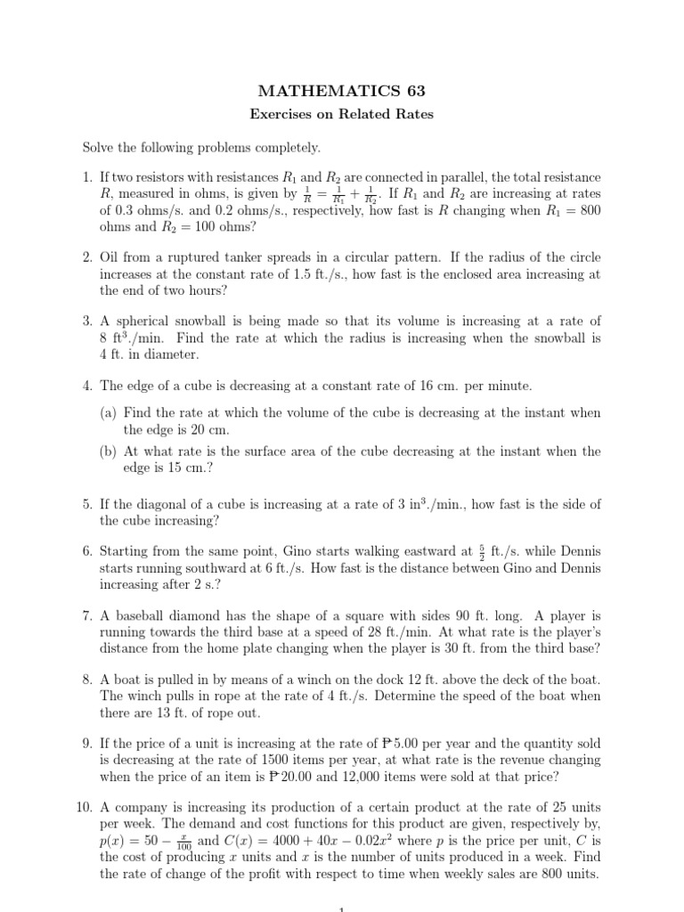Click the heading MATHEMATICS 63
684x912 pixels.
click(341, 91)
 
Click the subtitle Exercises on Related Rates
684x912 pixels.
click(341, 115)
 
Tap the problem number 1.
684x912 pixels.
click(87, 179)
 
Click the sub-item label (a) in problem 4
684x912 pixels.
click(109, 413)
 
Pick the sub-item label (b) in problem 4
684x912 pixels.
click(109, 452)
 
